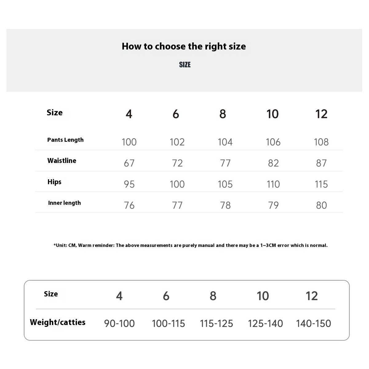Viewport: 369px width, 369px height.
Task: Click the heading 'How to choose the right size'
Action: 184,46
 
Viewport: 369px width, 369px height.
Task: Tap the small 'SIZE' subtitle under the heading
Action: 185,65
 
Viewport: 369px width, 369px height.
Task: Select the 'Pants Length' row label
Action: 65,140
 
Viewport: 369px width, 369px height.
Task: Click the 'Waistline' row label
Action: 62,161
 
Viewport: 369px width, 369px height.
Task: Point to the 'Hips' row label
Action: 54,182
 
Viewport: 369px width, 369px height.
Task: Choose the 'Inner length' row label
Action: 64,203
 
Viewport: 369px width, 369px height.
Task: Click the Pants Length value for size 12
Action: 321,142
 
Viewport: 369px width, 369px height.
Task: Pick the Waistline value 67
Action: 129,163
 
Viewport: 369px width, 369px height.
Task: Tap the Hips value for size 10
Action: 273,184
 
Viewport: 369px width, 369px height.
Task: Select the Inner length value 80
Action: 321,205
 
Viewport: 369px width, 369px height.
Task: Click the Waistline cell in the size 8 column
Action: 225,163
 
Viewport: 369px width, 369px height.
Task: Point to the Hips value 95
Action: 129,184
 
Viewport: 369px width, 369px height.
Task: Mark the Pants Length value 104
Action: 225,142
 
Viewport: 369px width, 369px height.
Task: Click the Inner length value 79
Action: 273,205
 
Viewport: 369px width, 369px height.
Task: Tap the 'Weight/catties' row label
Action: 58,322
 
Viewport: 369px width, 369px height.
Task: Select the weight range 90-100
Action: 119,323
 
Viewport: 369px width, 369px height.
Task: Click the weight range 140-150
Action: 313,323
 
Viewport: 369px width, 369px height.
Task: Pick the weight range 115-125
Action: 216,323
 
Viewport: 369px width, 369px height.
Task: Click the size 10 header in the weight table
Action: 263,296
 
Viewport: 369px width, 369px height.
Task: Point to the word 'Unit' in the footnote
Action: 61,245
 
